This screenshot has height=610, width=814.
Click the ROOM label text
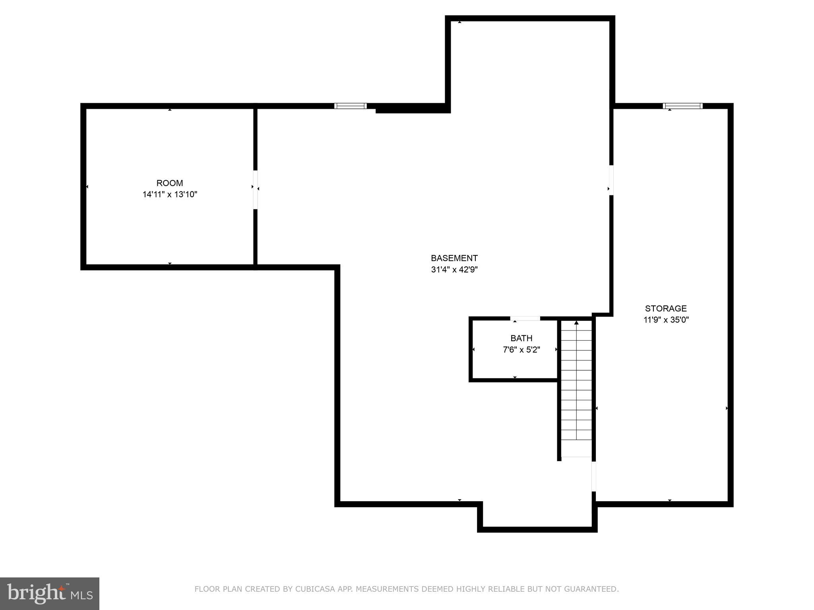click(x=170, y=183)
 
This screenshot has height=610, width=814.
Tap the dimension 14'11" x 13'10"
click(x=170, y=195)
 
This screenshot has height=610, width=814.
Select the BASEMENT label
click(x=454, y=258)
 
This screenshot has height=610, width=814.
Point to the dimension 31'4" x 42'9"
click(x=454, y=270)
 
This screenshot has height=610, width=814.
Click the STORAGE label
click(x=666, y=309)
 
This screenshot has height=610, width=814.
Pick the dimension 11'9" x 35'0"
click(x=666, y=320)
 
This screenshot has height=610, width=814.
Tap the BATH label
click(x=521, y=338)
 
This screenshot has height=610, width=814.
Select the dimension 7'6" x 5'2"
click(x=521, y=350)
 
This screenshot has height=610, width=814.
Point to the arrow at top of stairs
click(x=576, y=323)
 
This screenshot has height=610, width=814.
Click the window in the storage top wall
click(x=682, y=106)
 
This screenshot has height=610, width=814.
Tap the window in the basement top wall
click(x=350, y=106)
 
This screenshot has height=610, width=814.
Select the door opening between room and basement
click(x=255, y=189)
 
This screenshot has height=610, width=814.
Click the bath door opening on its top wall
click(x=525, y=319)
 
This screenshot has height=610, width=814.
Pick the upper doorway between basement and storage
click(x=611, y=180)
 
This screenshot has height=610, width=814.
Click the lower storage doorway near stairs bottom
click(x=594, y=476)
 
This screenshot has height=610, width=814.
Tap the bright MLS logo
click(x=50, y=593)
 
